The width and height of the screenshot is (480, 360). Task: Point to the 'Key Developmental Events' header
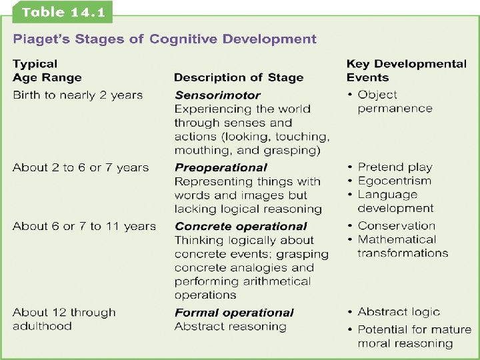[406, 71]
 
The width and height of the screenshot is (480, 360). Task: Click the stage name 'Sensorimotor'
[217, 95]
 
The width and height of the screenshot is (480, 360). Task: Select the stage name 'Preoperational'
[220, 167]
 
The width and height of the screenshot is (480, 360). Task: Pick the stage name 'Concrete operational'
[241, 226]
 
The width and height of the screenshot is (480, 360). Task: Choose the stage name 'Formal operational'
[234, 313]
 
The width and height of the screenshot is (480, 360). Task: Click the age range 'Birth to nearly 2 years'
[77, 95]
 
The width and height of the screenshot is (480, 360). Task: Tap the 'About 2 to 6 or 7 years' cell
[81, 167]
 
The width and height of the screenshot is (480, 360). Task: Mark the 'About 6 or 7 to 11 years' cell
[84, 226]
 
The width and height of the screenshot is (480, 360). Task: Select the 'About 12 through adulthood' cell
[64, 319]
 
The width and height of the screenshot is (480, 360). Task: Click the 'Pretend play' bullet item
[395, 167]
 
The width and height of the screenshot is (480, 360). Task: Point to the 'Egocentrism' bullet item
[394, 181]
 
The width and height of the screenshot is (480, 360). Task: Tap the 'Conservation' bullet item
[396, 226]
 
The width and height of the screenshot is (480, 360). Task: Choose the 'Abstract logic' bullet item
[399, 312]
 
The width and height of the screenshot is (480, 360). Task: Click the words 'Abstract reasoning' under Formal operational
[230, 327]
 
